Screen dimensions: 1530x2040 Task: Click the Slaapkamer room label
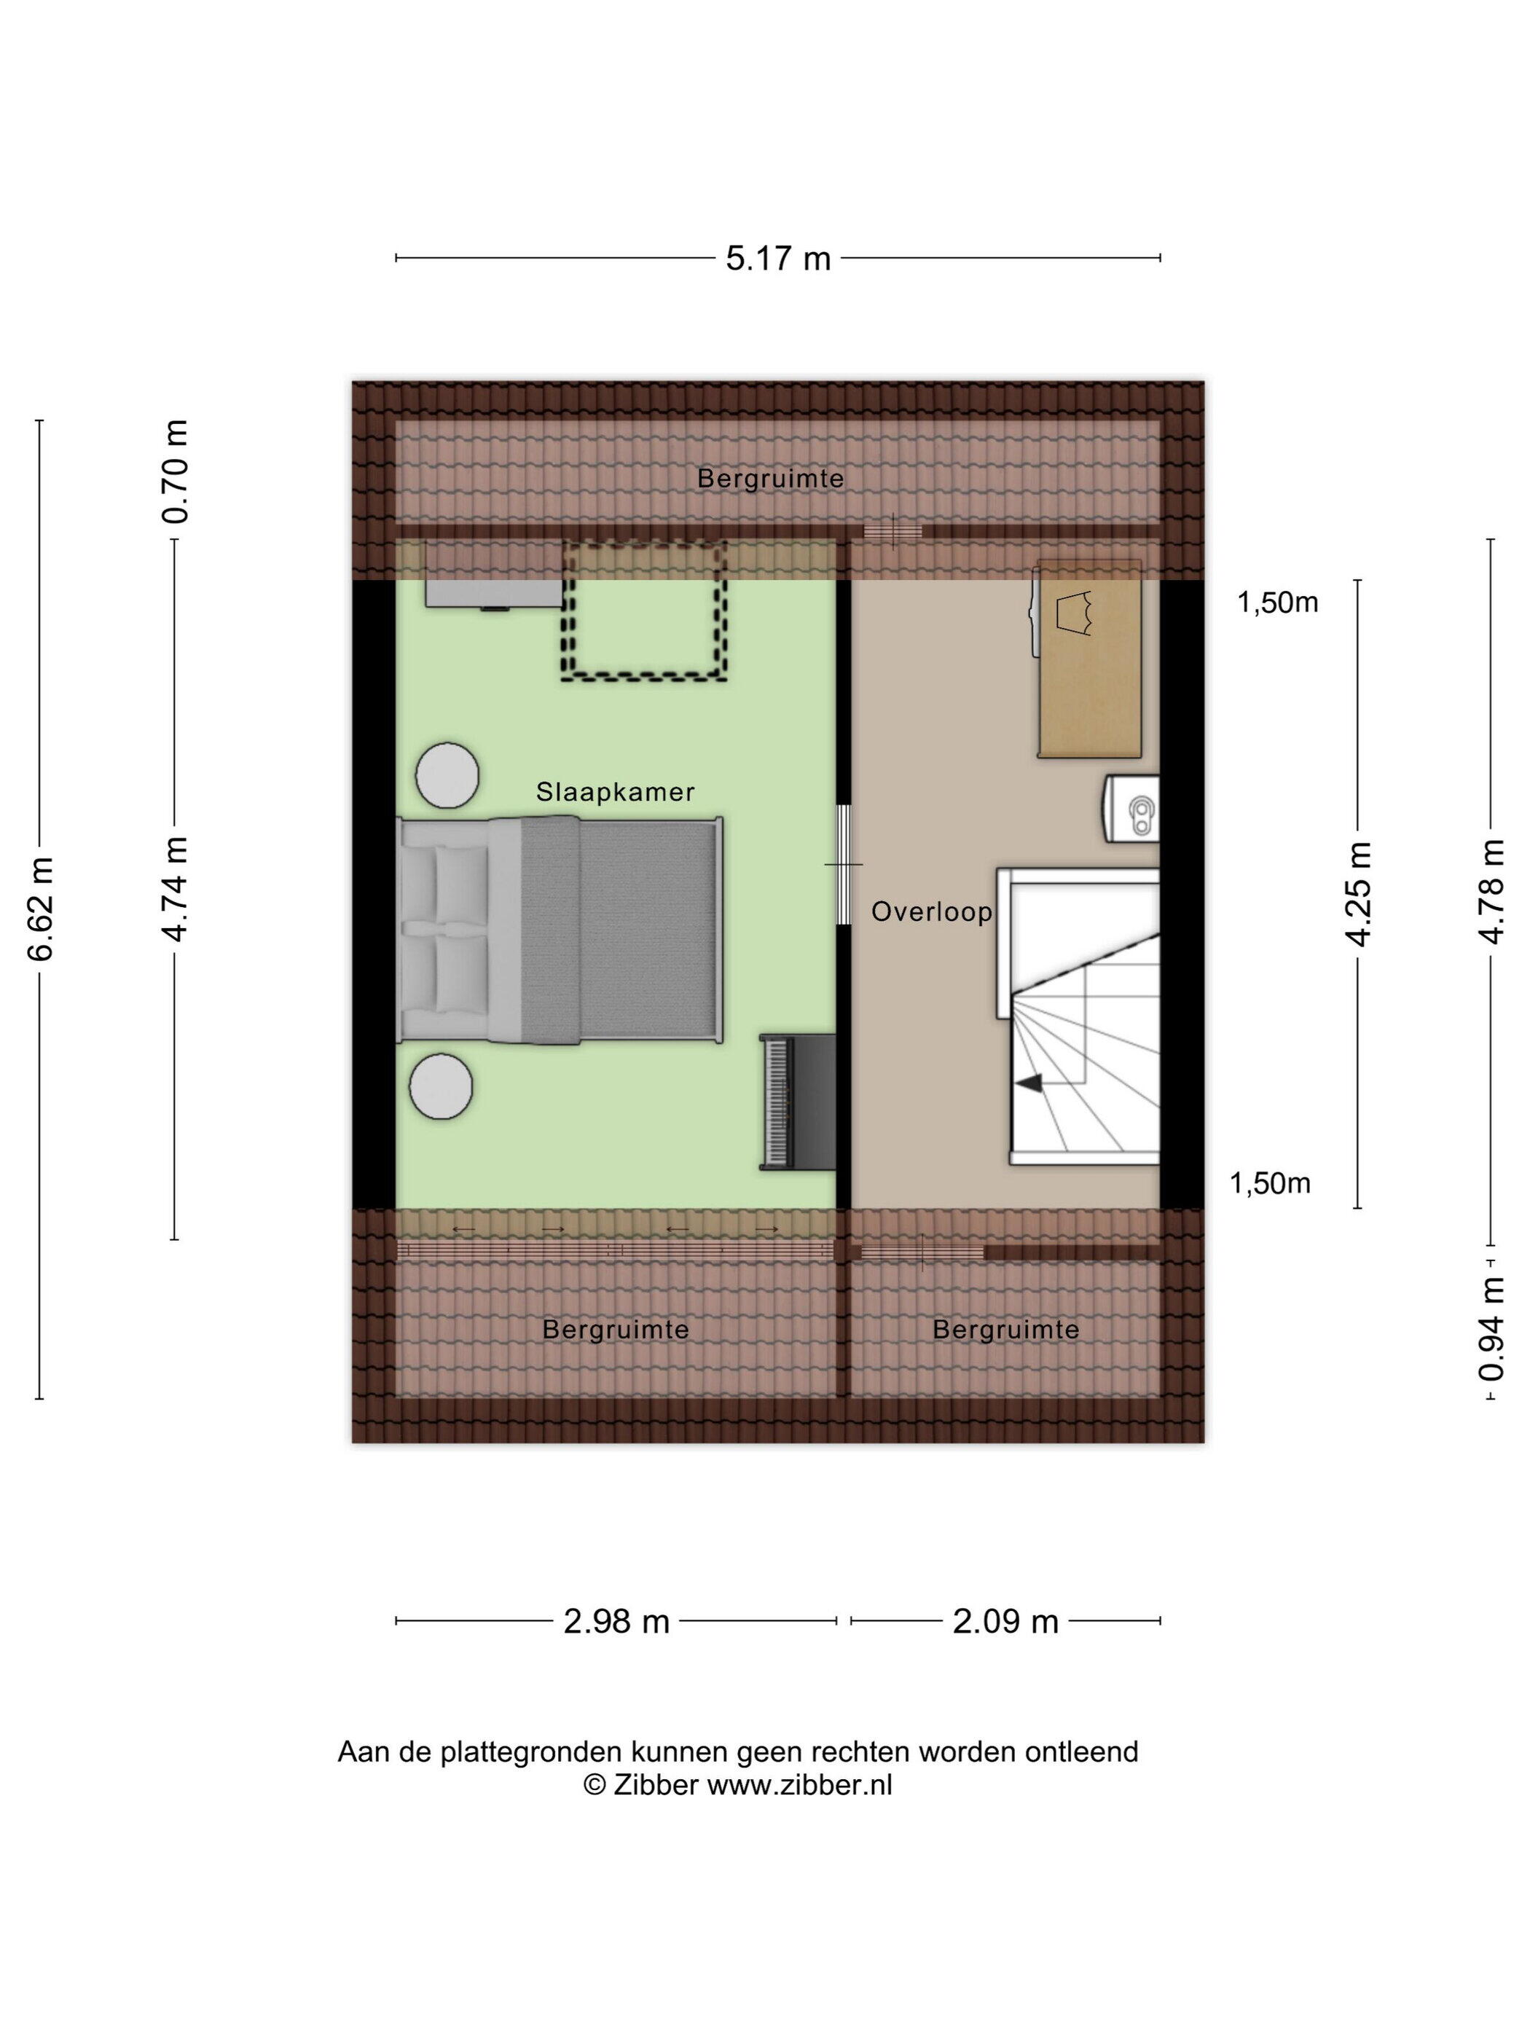(615, 792)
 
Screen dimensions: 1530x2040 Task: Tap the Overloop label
(931, 912)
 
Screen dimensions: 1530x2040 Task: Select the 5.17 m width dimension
(777, 258)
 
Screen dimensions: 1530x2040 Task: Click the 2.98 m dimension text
(616, 1621)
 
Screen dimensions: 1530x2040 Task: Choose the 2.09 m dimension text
(1005, 1621)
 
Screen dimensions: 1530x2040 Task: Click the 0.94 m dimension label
(1491, 1329)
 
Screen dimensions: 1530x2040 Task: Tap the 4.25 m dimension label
(1359, 892)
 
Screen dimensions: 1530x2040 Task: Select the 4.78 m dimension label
(1491, 891)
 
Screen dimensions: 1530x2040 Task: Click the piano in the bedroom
(798, 1102)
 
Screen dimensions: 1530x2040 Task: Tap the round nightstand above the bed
(447, 776)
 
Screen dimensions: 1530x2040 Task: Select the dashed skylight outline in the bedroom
(645, 611)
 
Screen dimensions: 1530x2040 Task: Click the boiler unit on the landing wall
(1131, 809)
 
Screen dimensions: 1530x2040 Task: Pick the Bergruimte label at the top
(770, 479)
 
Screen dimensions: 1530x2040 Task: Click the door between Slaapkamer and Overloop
(843, 864)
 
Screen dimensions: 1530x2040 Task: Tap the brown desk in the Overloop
(1089, 659)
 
